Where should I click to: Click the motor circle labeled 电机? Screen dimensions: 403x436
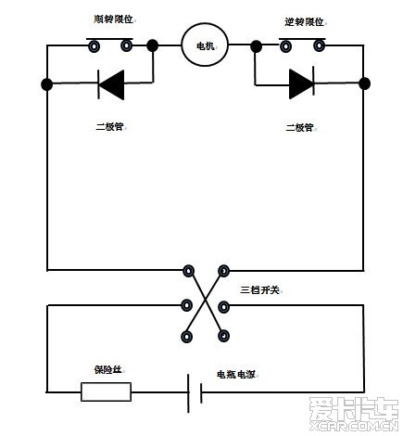205,45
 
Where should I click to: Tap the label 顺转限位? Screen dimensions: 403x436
113,19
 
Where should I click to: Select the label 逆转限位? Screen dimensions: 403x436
304,22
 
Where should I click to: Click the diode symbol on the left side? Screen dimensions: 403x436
111,84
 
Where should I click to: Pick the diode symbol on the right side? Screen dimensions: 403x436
302,83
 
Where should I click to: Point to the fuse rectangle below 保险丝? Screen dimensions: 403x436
106,391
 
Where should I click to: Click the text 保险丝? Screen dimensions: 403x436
107,369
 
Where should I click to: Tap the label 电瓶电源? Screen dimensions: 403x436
236,375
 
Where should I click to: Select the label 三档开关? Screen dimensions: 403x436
259,290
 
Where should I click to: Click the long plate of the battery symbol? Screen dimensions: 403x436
188,393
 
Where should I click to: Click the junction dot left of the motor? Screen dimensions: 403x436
152,45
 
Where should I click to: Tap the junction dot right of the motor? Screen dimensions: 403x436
256,46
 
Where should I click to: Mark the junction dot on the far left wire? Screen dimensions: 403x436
47,84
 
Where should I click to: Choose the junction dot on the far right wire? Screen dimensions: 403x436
364,83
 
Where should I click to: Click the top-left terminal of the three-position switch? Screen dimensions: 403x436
188,271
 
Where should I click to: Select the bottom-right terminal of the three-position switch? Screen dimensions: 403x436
223,336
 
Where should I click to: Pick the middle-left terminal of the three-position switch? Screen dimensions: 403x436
186,305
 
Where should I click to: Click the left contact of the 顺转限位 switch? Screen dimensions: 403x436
94,46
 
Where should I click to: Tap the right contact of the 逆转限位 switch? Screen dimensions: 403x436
319,46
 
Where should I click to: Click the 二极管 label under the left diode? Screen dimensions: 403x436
110,127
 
